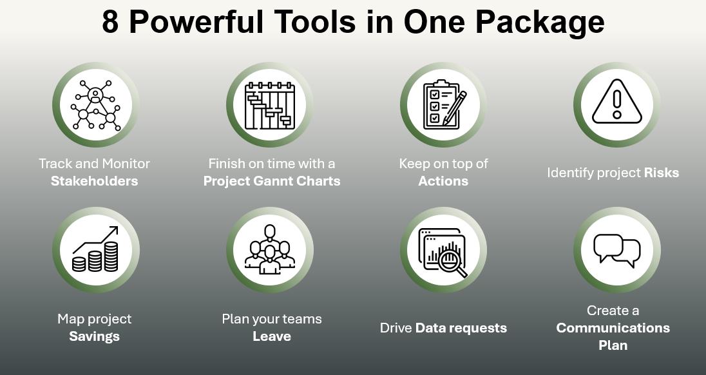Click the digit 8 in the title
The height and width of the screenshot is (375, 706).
(110, 22)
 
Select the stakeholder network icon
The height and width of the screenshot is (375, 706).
(95, 104)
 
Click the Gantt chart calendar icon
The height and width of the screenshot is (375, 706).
(269, 104)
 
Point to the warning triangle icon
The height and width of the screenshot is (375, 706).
(616, 103)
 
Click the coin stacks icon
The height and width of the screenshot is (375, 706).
(95, 249)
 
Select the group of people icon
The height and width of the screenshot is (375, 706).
(269, 250)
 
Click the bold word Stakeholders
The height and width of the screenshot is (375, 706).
(94, 181)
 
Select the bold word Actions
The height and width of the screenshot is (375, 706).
(443, 181)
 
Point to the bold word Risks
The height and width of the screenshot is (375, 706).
(661, 173)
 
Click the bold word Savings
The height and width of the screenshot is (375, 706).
(94, 336)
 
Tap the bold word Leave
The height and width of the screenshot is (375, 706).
(272, 336)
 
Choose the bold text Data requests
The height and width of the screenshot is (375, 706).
(461, 328)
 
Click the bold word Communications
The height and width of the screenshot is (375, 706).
(613, 328)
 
